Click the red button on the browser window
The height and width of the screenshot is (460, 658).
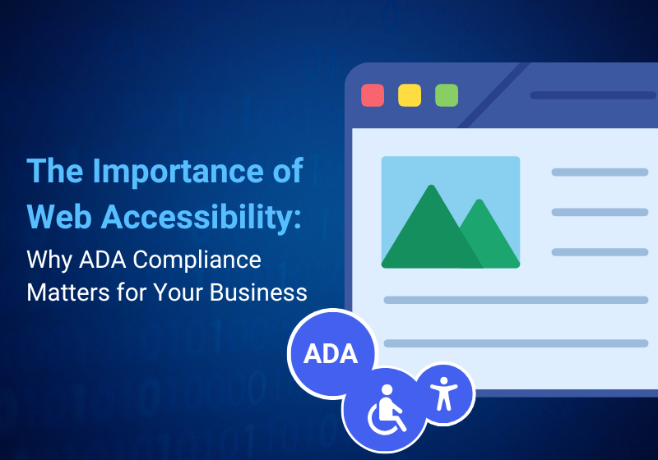point(373,95)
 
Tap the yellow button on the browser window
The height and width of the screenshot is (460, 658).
point(410,95)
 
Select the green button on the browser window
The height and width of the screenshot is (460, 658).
point(447,95)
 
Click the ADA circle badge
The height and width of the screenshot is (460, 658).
point(331,353)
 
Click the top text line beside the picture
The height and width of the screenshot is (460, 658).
point(600,172)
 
